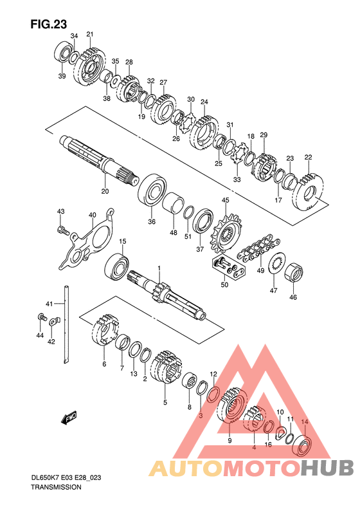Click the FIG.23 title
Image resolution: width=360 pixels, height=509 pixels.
49,24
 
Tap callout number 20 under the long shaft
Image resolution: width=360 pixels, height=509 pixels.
105,191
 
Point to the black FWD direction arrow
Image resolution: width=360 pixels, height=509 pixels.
69,418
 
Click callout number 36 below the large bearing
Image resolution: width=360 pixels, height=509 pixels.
152,222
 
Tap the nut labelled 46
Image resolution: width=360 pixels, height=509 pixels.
294,272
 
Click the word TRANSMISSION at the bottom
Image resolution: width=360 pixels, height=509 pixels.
56,487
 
